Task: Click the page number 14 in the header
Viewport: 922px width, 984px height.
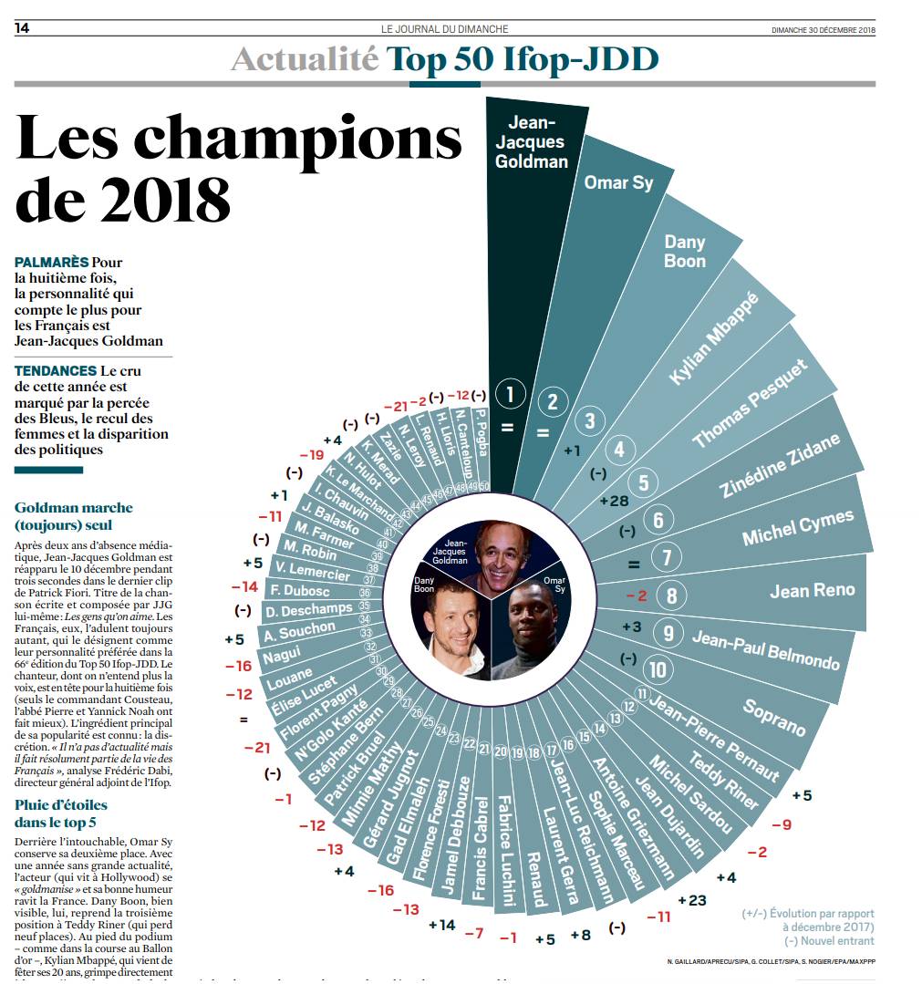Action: tap(23, 29)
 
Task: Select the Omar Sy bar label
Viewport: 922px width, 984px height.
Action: tap(618, 182)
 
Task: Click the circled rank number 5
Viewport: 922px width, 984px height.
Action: tap(644, 482)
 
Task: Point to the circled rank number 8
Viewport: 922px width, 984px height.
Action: tap(672, 596)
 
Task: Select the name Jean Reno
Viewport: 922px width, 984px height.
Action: tap(812, 591)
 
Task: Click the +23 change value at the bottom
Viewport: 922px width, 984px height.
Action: tap(691, 900)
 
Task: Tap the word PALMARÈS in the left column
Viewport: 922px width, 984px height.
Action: tap(51, 263)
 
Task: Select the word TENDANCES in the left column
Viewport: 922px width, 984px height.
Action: tap(56, 371)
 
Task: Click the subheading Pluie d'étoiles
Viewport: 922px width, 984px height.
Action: tap(61, 804)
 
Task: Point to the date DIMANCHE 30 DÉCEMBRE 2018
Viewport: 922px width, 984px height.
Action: tap(823, 30)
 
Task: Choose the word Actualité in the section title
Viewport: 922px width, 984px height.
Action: tap(304, 59)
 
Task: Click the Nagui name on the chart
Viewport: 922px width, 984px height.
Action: tap(282, 657)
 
